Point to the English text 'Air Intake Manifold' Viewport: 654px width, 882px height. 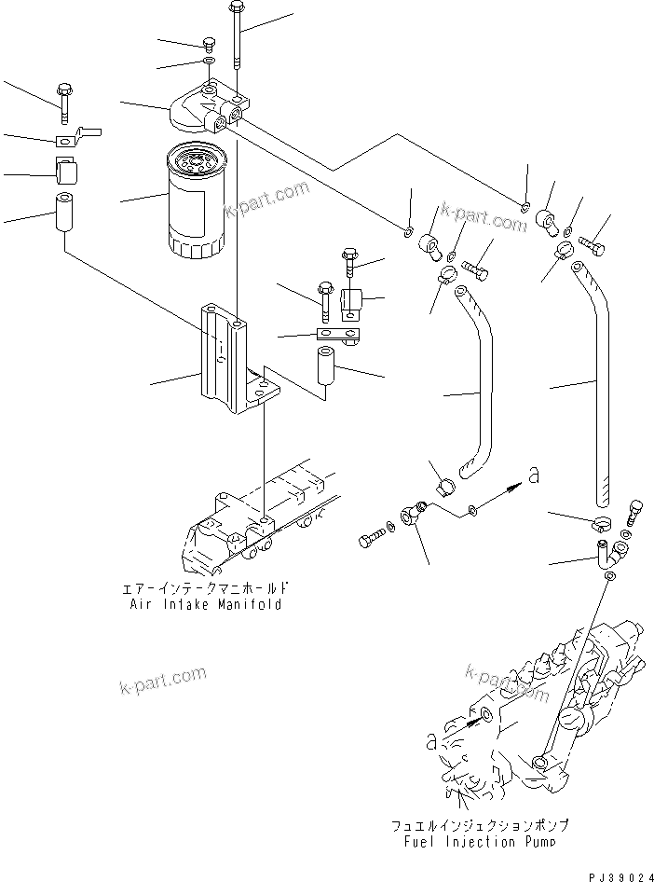(x=206, y=604)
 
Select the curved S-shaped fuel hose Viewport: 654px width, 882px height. (x=476, y=382)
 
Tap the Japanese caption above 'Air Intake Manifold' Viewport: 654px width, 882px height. (x=206, y=588)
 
